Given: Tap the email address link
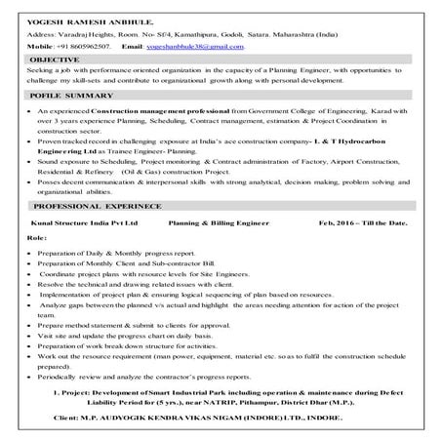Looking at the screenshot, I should pos(202,46).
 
